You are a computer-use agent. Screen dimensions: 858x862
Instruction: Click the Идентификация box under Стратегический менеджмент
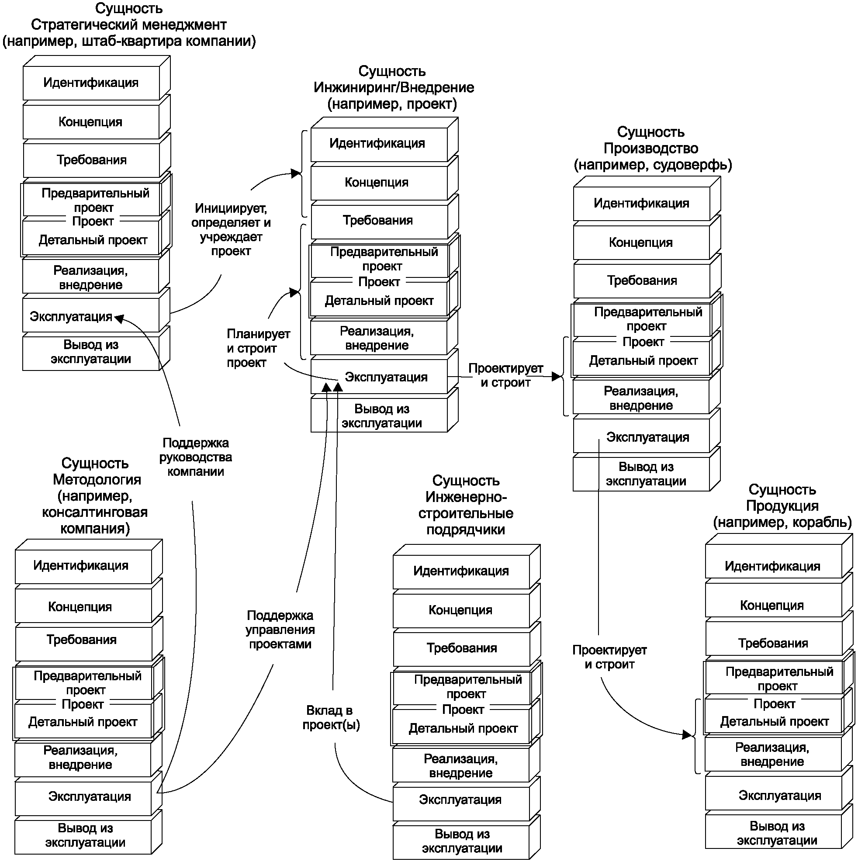91,83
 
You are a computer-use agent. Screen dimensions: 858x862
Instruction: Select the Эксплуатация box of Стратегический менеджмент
91,315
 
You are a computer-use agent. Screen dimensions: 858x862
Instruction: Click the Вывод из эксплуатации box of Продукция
773,833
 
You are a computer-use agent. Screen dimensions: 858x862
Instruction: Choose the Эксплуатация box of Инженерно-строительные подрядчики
461,800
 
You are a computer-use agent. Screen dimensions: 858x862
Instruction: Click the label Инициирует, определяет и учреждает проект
231,230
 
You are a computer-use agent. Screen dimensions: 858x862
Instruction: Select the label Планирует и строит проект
258,348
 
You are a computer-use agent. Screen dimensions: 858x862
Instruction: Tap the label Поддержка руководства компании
195,457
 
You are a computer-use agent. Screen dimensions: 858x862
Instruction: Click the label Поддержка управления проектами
280,630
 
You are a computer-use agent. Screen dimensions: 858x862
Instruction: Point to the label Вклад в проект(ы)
331,718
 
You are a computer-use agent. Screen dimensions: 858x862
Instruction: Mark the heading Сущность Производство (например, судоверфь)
652,149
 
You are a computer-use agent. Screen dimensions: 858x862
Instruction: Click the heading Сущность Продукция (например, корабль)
782,506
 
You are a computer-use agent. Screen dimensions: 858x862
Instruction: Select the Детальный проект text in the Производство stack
643,361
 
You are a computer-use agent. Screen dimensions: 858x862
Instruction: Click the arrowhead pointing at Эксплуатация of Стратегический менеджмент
119,318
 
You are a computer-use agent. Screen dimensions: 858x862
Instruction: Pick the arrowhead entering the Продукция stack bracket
688,735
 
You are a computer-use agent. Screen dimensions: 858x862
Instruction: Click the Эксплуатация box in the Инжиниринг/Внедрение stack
379,377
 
